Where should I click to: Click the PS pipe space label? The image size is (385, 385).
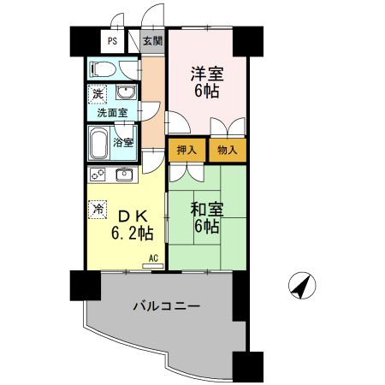click(112, 41)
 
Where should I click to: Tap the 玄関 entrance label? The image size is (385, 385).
click(152, 41)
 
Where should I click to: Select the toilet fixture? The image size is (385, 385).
click(103, 69)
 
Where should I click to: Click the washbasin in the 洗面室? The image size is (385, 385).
click(126, 92)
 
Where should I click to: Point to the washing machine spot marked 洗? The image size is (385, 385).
click(98, 94)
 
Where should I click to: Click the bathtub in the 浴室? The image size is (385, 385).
click(99, 143)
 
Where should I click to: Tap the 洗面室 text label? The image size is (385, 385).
click(112, 113)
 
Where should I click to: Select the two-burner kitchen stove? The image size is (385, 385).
click(98, 175)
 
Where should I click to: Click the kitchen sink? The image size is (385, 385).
click(124, 175)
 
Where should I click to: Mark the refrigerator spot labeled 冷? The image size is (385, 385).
click(98, 210)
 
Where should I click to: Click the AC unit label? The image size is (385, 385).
click(153, 258)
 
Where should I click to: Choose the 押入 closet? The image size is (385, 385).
click(187, 150)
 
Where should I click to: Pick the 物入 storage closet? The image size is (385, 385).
click(228, 150)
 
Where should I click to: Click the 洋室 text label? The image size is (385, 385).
click(207, 74)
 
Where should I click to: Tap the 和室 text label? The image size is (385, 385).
click(207, 210)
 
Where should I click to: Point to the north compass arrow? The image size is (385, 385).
click(302, 286)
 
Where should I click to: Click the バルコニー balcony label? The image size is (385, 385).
click(167, 306)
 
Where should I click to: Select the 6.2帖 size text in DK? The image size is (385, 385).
click(133, 234)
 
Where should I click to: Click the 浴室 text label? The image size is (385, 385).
click(123, 142)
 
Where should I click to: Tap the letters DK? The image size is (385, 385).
click(133, 216)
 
